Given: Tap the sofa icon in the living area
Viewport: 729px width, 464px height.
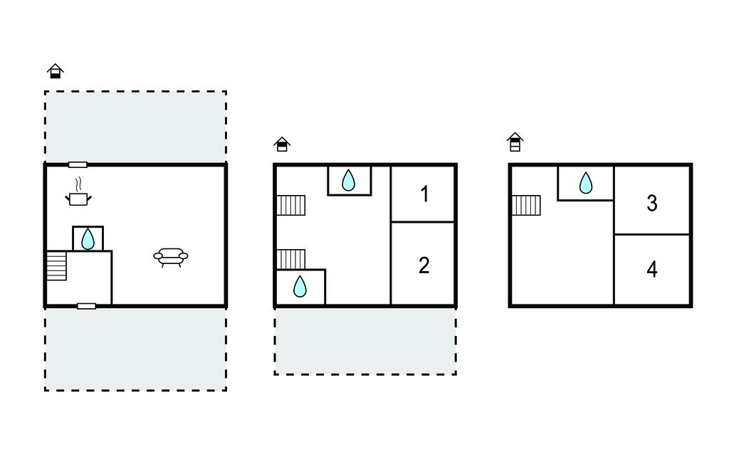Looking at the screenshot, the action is click(171, 257).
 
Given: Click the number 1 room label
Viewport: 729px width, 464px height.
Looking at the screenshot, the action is click(424, 194).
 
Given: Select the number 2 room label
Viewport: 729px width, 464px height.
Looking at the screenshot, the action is click(424, 265).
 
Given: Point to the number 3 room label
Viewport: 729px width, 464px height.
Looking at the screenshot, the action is click(652, 203).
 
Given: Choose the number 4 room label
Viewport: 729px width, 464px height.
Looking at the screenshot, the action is click(652, 269).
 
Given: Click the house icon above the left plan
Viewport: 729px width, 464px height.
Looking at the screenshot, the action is click(56, 71).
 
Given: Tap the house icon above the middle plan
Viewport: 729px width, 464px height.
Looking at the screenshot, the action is click(282, 144).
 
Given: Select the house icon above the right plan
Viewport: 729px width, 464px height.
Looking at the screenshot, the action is click(515, 142).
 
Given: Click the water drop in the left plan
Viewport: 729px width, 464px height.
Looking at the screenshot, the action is click(88, 239).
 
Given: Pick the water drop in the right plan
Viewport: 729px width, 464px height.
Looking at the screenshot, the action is click(586, 183).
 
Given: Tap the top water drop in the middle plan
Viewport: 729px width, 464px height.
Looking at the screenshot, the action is click(348, 180).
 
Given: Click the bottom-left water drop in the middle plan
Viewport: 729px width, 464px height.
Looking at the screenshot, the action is click(300, 286).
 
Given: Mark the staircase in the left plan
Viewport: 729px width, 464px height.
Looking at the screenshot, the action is click(56, 265).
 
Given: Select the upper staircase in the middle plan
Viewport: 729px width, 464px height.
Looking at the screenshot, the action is click(291, 206).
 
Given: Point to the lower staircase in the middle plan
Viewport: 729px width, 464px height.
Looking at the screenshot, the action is click(291, 260).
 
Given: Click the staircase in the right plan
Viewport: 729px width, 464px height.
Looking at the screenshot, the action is click(526, 206).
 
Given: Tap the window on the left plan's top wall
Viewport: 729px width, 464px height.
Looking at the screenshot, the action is click(78, 164).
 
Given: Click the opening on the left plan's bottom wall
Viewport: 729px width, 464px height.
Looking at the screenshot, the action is click(86, 306).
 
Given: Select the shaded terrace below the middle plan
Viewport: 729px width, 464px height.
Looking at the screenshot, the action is click(365, 341).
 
